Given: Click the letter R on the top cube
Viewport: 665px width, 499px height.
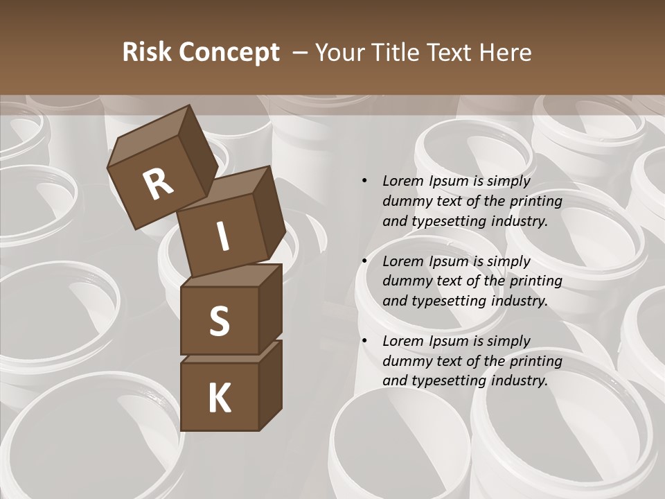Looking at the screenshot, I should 158,185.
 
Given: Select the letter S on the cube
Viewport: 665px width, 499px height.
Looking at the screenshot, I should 219,322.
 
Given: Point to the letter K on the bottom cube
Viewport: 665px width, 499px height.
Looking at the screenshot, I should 219,399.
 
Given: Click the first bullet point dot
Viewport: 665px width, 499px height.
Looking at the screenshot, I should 364,182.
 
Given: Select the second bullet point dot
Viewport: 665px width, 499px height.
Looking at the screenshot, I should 364,262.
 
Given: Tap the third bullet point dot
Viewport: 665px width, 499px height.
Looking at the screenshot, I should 364,342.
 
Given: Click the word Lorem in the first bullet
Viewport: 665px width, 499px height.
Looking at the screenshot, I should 401,182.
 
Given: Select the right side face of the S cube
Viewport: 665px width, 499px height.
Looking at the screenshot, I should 270,308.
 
